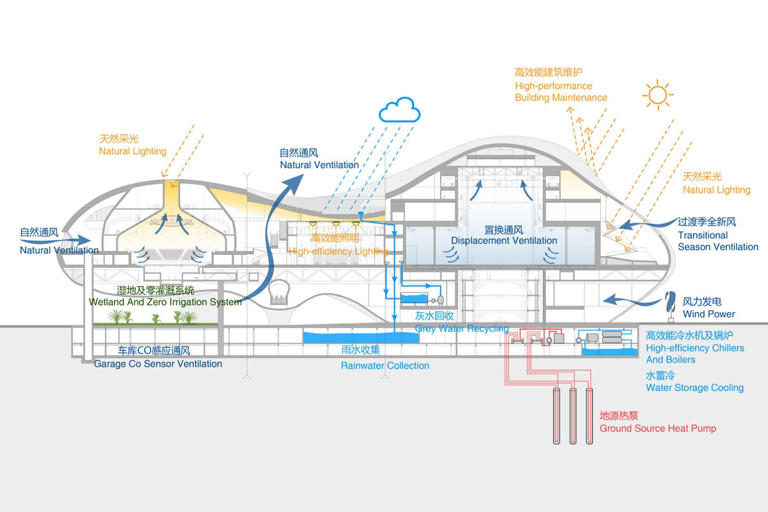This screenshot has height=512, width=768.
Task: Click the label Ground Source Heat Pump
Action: (657, 428)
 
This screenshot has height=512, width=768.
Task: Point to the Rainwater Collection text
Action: (385, 365)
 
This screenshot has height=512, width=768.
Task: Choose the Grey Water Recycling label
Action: (461, 328)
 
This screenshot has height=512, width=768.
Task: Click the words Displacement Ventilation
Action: (504, 241)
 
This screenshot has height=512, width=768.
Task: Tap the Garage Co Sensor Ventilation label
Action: (158, 364)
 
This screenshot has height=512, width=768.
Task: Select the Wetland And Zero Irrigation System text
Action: (166, 301)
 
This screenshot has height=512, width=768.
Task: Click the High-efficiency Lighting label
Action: (339, 252)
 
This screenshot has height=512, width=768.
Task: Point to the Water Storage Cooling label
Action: (694, 387)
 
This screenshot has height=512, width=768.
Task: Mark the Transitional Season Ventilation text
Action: (717, 241)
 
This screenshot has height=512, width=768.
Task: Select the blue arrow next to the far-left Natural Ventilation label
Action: (90, 241)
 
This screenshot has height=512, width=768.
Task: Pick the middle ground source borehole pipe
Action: (573, 415)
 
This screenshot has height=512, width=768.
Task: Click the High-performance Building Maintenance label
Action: (561, 92)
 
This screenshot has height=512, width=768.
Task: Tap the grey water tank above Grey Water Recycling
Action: (416, 298)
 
